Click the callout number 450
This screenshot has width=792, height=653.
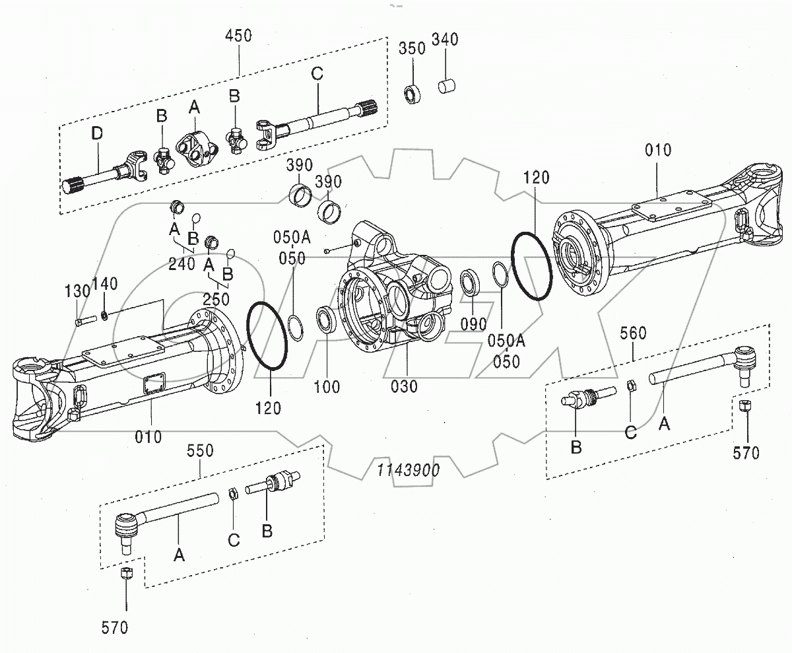coord(238,35)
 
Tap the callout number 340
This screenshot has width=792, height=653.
coord(445,40)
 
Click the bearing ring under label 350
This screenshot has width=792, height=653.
coord(413,94)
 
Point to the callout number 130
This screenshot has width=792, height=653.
coord(77,291)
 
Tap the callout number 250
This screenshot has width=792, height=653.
coord(216,299)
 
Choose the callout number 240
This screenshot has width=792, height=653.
coord(181,265)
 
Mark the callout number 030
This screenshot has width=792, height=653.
coord(404,386)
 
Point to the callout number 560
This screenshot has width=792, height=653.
coord(633,333)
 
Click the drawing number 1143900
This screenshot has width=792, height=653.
coord(409,470)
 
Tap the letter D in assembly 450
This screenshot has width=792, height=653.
coord(97,134)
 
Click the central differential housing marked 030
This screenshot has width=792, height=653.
coord(392,284)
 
